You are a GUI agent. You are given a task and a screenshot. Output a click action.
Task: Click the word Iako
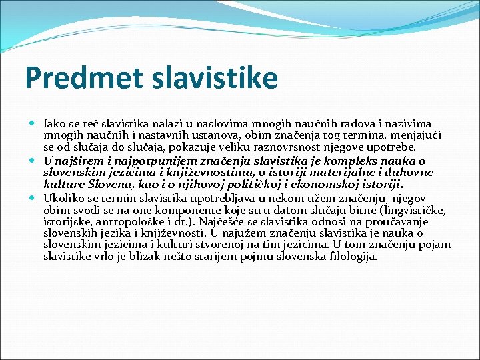(54, 124)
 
